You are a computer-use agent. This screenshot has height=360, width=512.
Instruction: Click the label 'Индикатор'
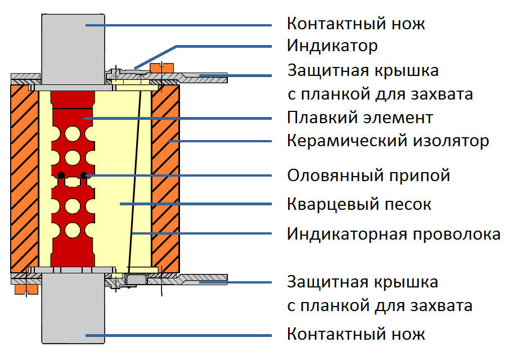pos(332,45)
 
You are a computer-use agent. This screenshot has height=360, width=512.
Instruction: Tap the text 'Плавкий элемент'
pos(360,118)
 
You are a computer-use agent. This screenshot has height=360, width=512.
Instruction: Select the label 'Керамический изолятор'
pos(388,140)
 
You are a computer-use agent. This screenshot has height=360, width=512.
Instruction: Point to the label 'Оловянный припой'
pos(369,175)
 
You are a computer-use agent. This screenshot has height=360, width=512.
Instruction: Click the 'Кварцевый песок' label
pos(359,204)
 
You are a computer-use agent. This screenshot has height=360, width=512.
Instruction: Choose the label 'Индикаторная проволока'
pos(393,233)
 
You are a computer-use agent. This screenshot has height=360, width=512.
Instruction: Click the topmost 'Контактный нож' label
pos(356,24)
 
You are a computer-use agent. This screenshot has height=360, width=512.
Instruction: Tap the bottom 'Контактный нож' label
pos(356,334)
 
